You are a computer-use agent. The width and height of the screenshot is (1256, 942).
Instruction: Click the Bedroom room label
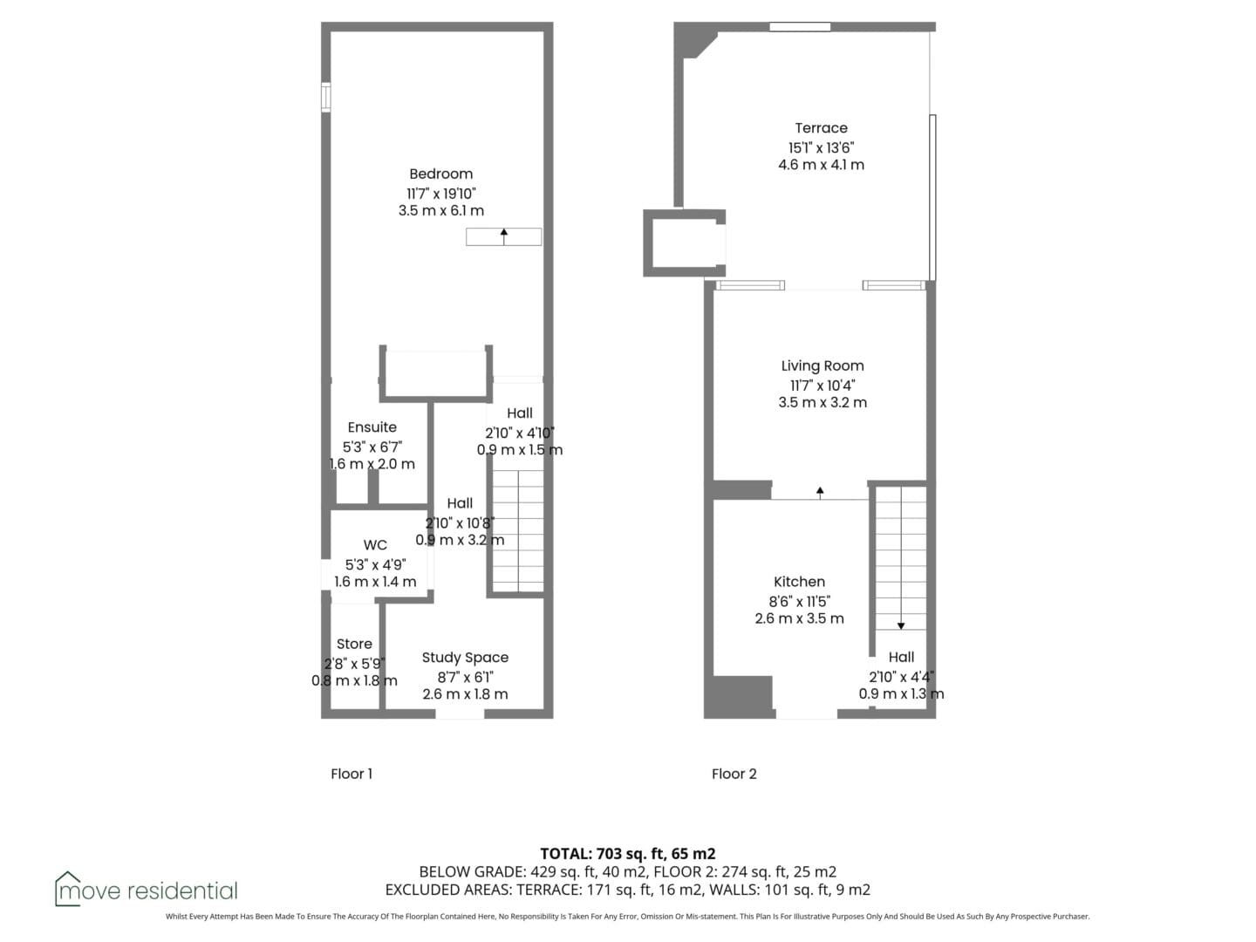click(x=440, y=174)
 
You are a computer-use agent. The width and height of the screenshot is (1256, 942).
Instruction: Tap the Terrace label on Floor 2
click(x=821, y=128)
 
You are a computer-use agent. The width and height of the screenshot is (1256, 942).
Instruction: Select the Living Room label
click(x=823, y=366)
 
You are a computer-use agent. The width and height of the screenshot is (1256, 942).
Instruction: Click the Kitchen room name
click(x=799, y=582)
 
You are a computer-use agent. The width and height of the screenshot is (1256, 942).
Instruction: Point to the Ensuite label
click(x=372, y=427)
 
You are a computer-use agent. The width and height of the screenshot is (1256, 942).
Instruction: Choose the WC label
click(x=375, y=545)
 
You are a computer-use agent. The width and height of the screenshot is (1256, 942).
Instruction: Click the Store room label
click(x=353, y=644)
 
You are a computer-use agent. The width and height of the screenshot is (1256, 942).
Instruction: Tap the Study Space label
click(x=465, y=658)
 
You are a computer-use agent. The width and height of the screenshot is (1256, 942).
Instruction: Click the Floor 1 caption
click(x=352, y=774)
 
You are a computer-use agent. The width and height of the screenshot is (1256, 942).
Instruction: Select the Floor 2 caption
click(x=734, y=774)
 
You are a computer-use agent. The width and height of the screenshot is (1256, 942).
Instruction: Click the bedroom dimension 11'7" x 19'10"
click(x=441, y=194)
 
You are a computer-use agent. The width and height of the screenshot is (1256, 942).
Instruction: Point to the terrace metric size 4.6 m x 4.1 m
click(x=821, y=165)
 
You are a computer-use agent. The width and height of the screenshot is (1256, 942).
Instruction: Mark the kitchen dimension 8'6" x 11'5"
click(x=799, y=601)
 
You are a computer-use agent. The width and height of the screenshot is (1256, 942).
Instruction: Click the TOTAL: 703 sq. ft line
click(x=628, y=854)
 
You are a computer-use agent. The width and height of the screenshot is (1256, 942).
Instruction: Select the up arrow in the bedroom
click(x=503, y=236)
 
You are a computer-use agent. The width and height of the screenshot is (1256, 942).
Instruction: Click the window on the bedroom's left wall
click(x=325, y=97)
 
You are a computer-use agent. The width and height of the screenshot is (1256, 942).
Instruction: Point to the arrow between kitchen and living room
click(x=820, y=493)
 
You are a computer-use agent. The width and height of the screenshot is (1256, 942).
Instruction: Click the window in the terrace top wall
click(x=799, y=27)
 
